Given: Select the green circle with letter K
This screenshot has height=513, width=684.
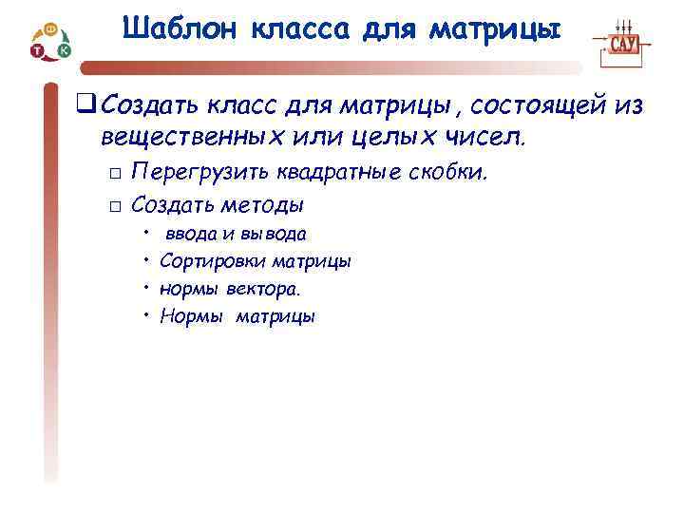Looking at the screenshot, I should pyautogui.click(x=64, y=48).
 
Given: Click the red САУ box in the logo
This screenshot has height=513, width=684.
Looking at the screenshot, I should pyautogui.click(x=623, y=44).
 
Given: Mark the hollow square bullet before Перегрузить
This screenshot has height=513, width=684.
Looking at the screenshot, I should pyautogui.click(x=113, y=175).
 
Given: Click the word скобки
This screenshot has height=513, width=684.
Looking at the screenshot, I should pyautogui.click(x=452, y=173).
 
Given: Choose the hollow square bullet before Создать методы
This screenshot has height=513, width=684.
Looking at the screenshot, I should pyautogui.click(x=113, y=206).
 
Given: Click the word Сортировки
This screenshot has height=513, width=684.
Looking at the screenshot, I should pyautogui.click(x=213, y=260).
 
